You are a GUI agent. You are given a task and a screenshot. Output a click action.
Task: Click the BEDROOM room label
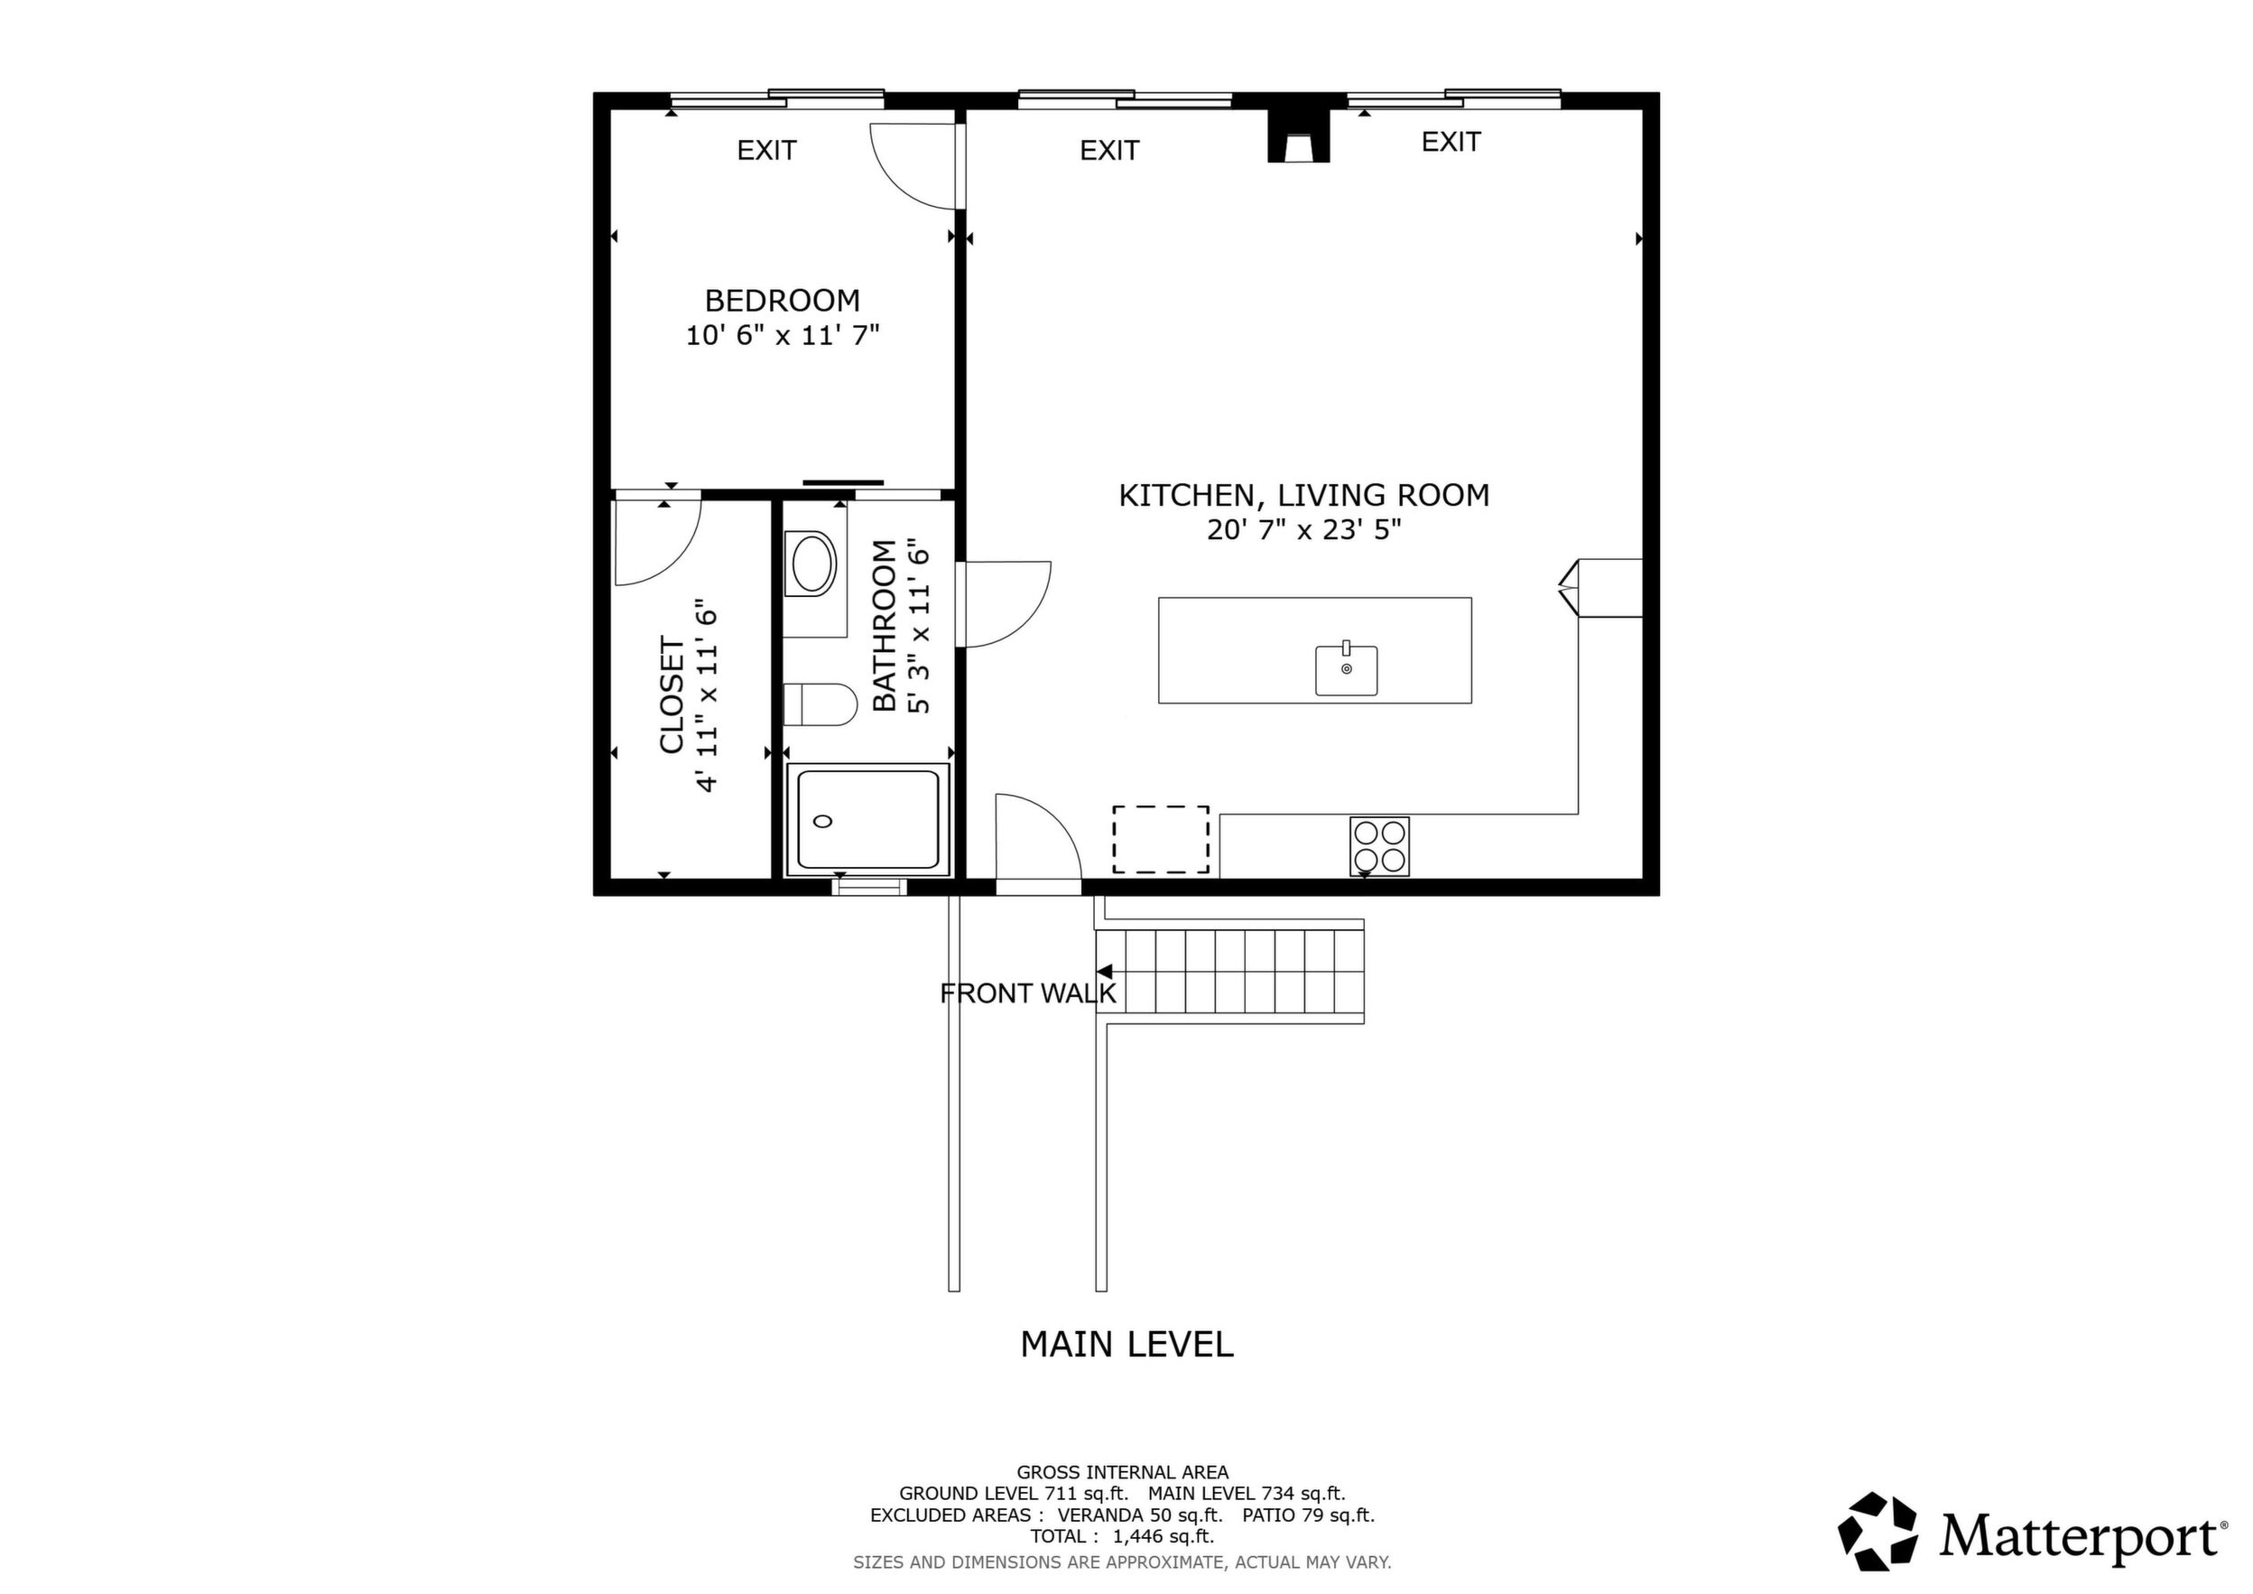point(782,301)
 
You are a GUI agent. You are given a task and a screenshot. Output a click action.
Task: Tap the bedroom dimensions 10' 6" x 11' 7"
point(782,336)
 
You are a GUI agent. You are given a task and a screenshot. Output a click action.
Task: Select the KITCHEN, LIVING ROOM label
point(1304,495)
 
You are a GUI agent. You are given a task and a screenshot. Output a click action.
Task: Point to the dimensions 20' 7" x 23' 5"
point(1304,530)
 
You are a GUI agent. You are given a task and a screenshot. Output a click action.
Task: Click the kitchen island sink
point(1347,669)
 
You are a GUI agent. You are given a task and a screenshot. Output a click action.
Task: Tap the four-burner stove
point(1379,846)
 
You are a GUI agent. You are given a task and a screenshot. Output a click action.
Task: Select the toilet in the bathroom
point(821,704)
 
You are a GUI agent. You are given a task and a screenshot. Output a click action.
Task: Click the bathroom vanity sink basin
point(812,564)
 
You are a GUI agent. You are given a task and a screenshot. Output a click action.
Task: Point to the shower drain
point(823,821)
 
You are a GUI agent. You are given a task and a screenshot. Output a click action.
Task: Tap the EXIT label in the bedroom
point(766,150)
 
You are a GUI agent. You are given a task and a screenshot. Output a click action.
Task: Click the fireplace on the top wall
point(1298,135)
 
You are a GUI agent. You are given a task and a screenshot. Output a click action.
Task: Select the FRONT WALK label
point(1027,993)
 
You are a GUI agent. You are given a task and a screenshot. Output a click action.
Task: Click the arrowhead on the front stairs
point(1104,971)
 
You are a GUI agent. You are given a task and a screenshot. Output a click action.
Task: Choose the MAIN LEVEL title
point(1126,1345)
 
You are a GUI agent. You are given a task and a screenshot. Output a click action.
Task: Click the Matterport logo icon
point(1877,1533)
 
